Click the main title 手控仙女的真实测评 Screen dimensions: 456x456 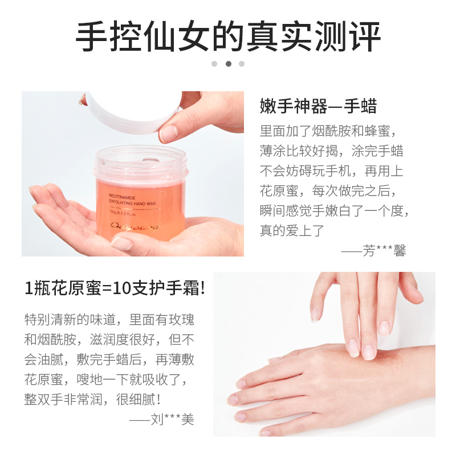pos(228,37)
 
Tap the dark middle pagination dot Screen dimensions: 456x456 pos(228,64)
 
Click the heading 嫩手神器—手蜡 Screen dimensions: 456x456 pos(318,107)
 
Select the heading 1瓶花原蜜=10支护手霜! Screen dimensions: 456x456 pos(114,288)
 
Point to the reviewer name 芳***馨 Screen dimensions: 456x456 pos(385,251)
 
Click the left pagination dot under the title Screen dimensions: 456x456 pos(214,64)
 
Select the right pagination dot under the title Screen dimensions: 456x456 pos(242,64)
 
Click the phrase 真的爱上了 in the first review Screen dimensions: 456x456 pos(292,230)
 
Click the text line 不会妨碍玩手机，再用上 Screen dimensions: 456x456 pos(332,170)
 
